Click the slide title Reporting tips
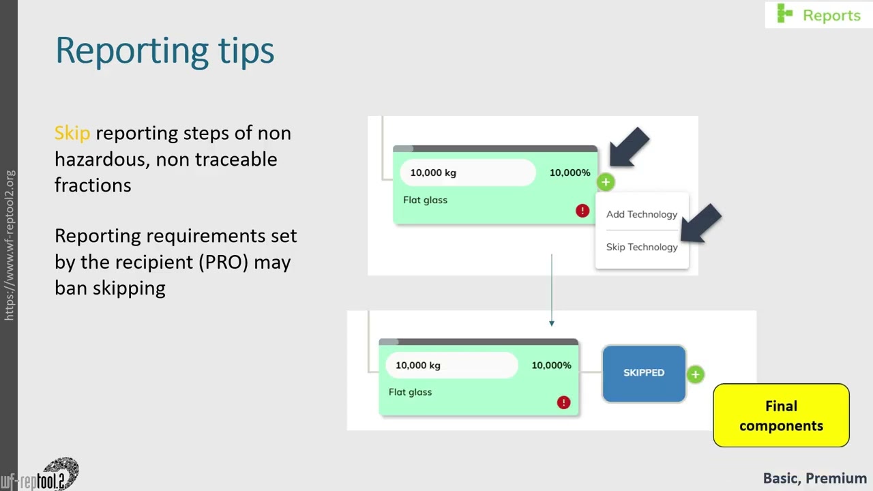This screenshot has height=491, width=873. point(164,50)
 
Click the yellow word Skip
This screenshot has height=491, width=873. point(72,132)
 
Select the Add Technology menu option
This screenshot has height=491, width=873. point(641,214)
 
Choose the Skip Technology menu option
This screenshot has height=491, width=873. point(641,247)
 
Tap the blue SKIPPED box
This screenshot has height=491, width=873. point(644,373)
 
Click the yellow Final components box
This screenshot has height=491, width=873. point(781,415)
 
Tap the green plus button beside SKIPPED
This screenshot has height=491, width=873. point(695,374)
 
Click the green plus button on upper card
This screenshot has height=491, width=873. point(606,182)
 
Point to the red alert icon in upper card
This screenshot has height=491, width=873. point(582,211)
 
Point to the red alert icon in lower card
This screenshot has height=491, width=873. point(563,402)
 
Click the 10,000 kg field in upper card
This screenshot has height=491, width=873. point(467,173)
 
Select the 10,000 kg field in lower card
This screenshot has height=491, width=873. point(452,365)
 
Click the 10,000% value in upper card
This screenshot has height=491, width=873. point(569,173)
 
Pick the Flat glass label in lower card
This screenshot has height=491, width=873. point(410,392)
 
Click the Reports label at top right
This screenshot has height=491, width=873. point(831,15)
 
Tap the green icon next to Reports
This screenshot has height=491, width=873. point(785,14)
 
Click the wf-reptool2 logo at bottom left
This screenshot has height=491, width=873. point(41,475)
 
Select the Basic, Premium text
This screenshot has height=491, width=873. point(814,478)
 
